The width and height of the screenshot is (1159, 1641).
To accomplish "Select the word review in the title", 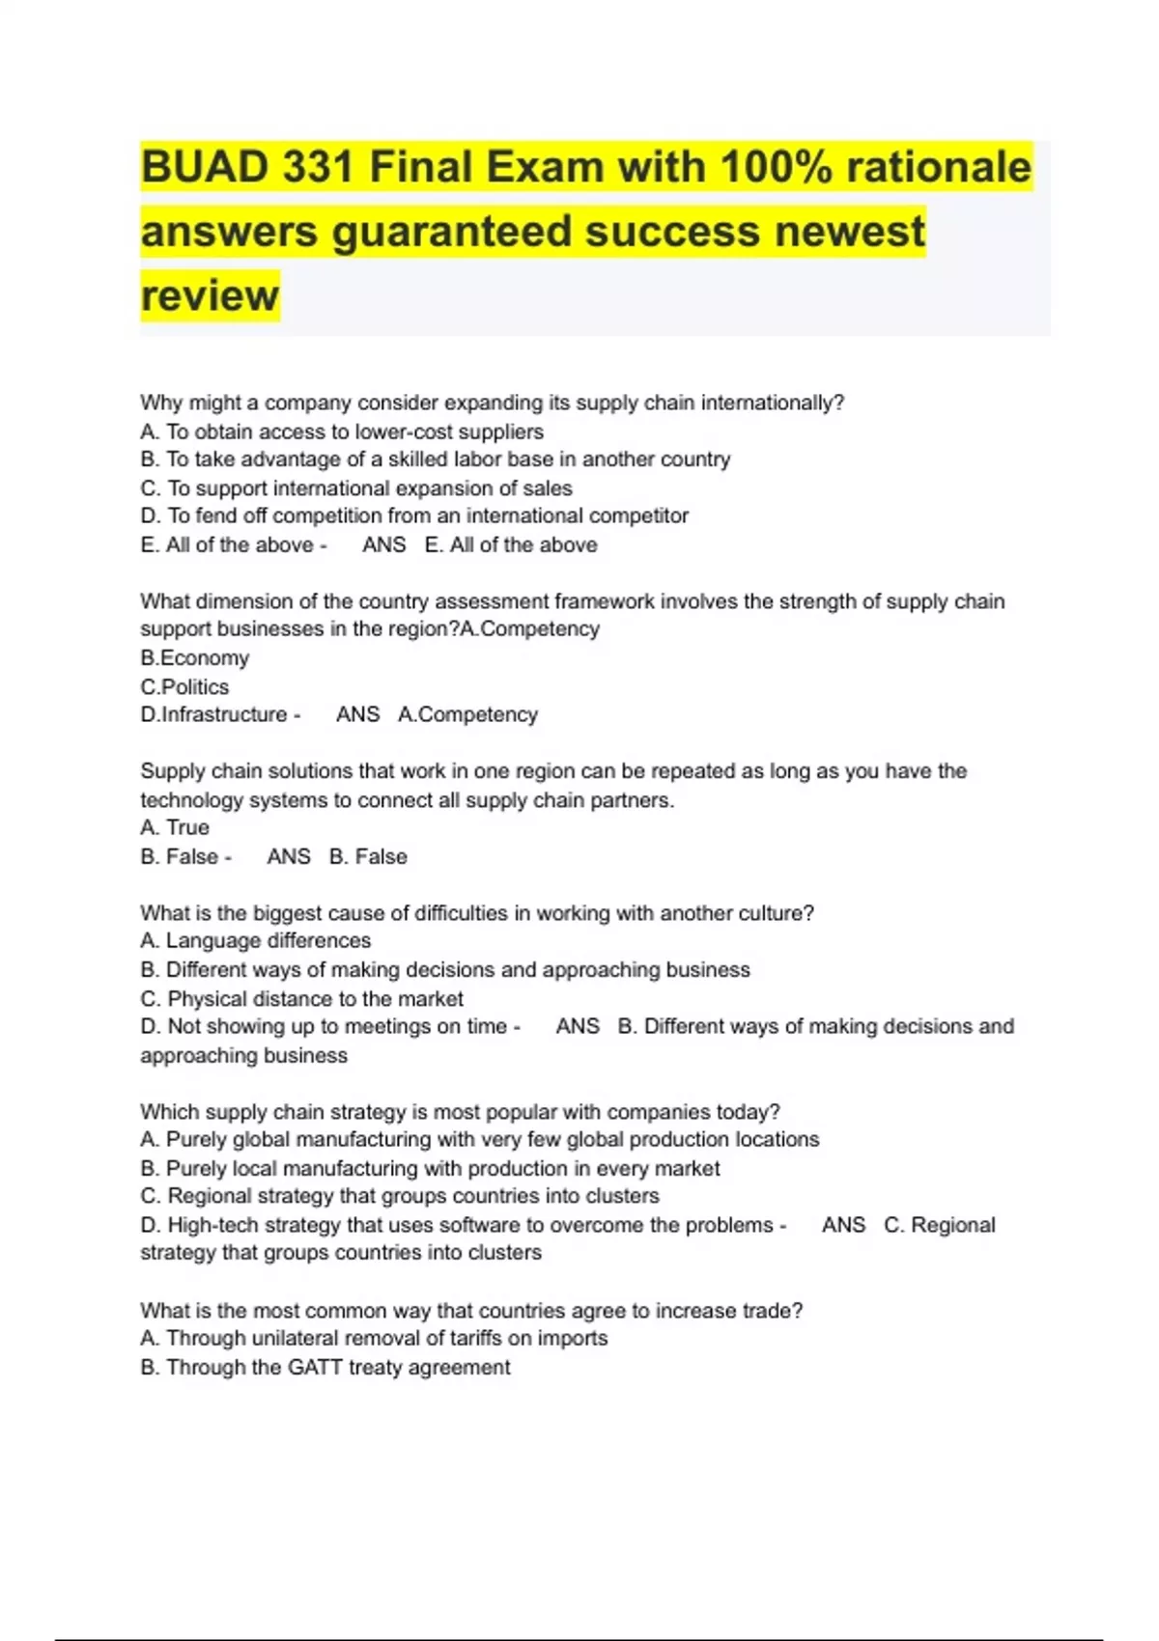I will point(210,295).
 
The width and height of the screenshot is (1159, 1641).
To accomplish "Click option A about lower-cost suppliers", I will point(342,431).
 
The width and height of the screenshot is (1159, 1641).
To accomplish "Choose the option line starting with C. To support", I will point(356,488).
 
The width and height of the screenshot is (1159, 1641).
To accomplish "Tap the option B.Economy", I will point(194,658).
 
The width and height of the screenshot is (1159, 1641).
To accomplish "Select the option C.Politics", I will point(184,687).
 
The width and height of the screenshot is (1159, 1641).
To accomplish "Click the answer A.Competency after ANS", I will point(467,715).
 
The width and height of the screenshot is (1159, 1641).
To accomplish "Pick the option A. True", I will point(175,828).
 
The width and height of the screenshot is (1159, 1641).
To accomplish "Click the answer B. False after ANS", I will point(368,857).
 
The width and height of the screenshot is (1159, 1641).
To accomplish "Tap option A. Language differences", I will point(255,941).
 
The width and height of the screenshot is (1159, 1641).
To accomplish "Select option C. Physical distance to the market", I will point(301,999).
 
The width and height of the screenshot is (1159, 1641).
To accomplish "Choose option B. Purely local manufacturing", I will point(430,1169).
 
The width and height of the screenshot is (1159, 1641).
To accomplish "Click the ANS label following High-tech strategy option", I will point(843,1226).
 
